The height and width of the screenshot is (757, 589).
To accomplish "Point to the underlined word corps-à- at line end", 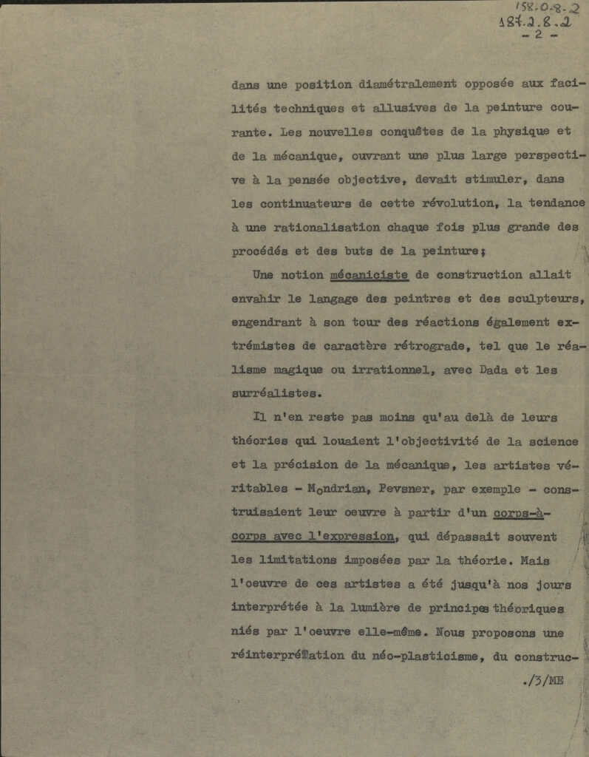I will tap(522, 512).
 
